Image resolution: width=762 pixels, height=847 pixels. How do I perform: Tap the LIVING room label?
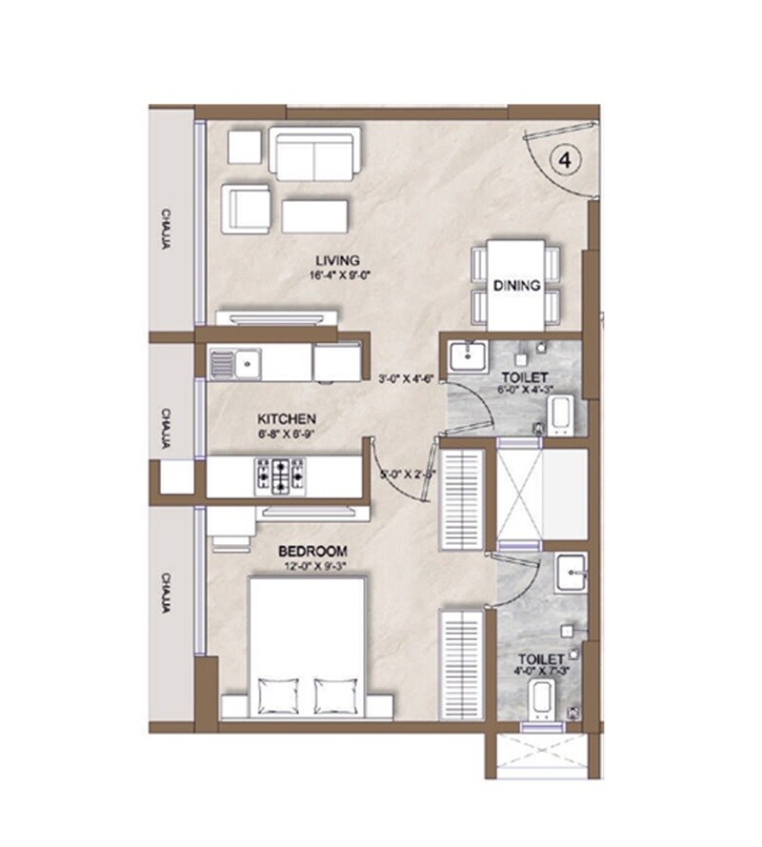tap(339, 260)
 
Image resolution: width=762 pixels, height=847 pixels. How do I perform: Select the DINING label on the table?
tap(516, 285)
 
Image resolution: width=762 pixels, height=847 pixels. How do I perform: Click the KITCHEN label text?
tap(287, 419)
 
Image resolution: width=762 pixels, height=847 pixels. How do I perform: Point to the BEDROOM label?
tap(312, 552)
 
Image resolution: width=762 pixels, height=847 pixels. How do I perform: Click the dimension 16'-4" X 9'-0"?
tap(338, 275)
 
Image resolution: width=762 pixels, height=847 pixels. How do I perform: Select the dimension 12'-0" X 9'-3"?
tap(312, 567)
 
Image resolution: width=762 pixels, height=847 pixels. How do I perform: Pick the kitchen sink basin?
tap(248, 362)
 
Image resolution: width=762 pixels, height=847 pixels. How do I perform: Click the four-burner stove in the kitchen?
tap(278, 475)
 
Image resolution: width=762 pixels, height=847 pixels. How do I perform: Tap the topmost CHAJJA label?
tap(166, 228)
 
